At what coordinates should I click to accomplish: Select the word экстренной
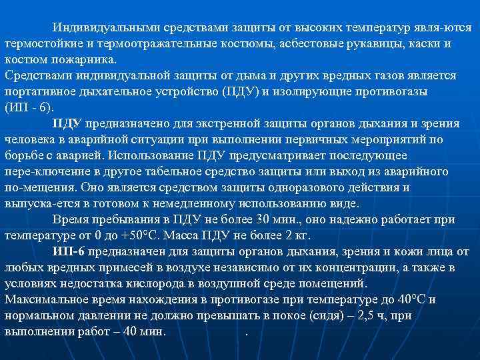pos(210,123)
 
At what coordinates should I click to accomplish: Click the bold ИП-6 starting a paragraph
pos(68,251)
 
